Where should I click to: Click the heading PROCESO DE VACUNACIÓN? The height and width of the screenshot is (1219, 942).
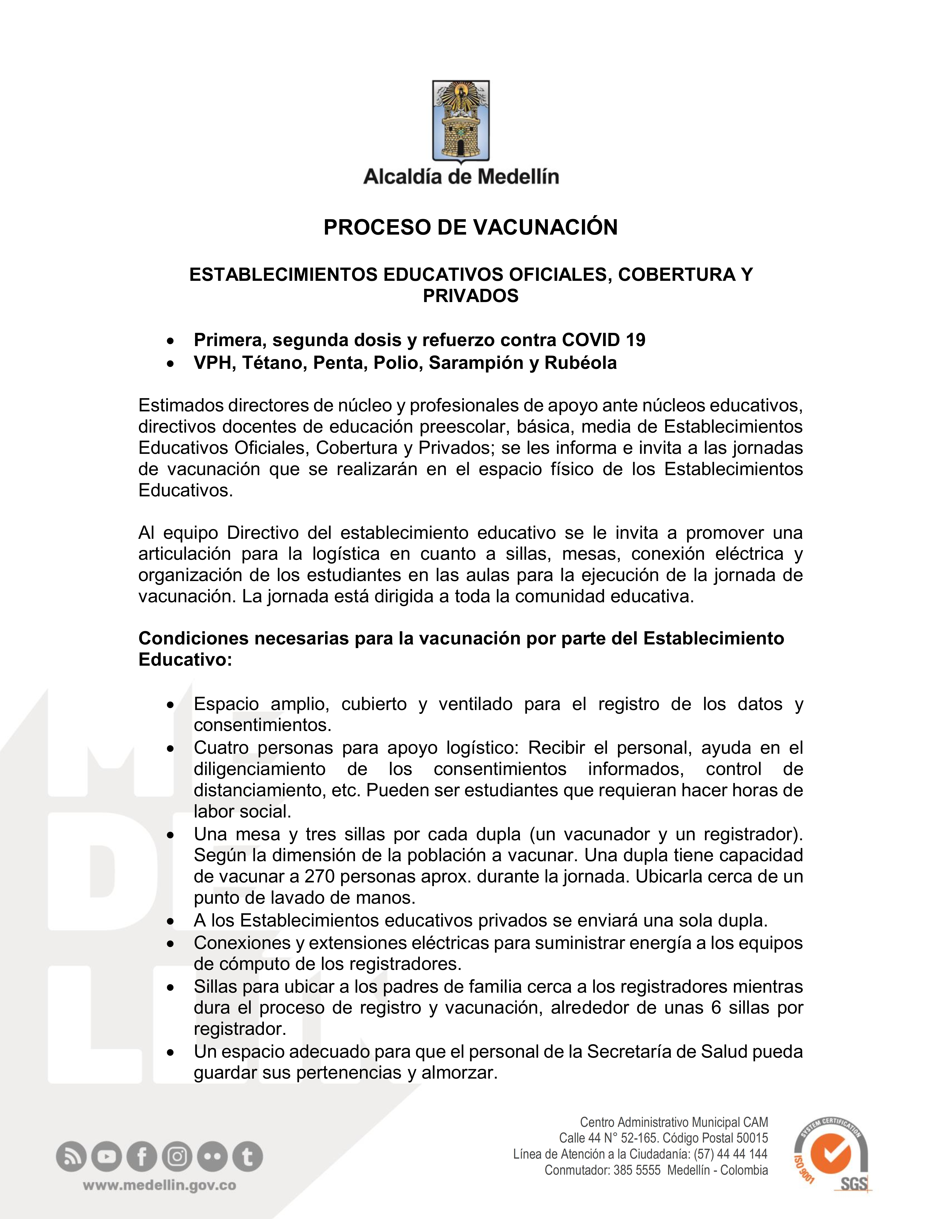pyautogui.click(x=470, y=227)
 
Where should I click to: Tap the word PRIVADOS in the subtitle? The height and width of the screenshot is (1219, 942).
pyautogui.click(x=470, y=296)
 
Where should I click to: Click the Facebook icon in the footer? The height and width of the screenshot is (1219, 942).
pyautogui.click(x=142, y=1157)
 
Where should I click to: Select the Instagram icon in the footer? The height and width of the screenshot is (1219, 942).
pyautogui.click(x=177, y=1157)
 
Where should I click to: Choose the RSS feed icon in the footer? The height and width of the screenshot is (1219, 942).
pyautogui.click(x=71, y=1157)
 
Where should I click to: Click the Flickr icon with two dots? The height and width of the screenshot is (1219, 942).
pyautogui.click(x=212, y=1157)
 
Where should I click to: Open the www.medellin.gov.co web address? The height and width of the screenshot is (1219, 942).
pyautogui.click(x=160, y=1186)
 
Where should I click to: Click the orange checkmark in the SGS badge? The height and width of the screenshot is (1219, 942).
pyautogui.click(x=831, y=1155)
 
